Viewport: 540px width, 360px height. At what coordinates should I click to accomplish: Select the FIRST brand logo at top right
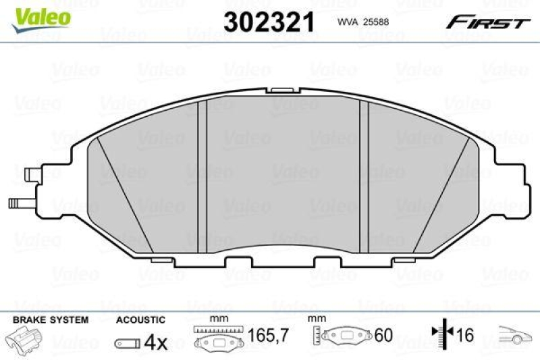click(x=486, y=23)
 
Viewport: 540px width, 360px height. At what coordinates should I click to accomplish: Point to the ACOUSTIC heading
click(x=140, y=319)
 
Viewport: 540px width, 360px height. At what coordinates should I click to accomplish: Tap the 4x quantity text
click(x=156, y=342)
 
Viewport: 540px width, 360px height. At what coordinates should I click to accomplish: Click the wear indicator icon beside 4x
click(x=128, y=343)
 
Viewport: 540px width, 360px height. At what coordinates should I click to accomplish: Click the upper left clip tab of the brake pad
click(x=31, y=174)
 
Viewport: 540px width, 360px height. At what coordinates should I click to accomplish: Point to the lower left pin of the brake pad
click(x=20, y=202)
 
